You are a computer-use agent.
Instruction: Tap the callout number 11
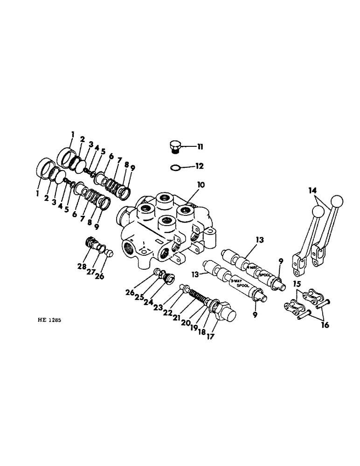[x=200, y=147]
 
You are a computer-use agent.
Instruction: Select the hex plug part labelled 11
[x=175, y=146]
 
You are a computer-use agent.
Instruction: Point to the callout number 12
[x=200, y=165]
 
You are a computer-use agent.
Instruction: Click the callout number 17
[x=211, y=336]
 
